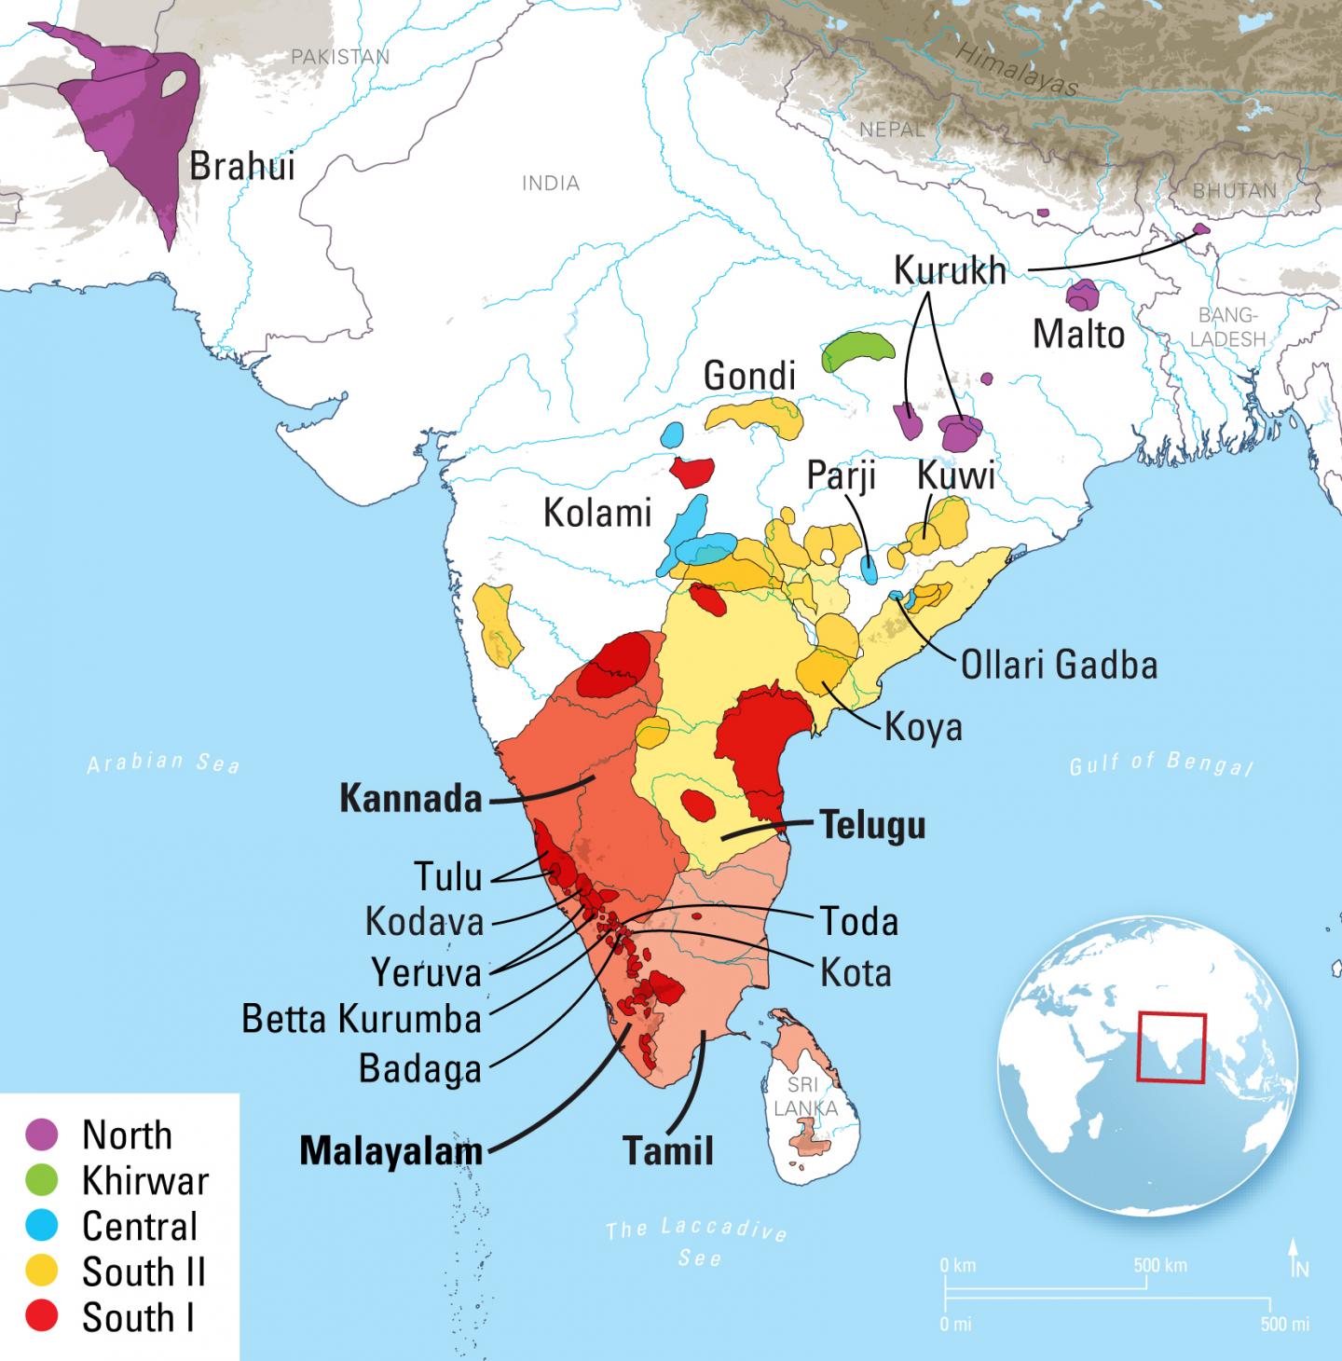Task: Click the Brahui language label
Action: tap(241, 166)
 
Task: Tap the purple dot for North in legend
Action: tap(42, 1134)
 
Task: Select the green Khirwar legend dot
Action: tap(42, 1180)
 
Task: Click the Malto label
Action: tap(1078, 334)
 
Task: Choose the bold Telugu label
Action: tap(872, 825)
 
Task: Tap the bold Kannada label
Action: tap(411, 799)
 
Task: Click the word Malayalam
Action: tap(390, 1151)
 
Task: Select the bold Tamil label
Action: tap(667, 1151)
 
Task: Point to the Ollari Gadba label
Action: tap(1059, 665)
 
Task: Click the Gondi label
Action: tap(749, 376)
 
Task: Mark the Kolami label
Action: tap(596, 513)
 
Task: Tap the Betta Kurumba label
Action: tap(362, 1019)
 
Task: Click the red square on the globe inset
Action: tap(1171, 1048)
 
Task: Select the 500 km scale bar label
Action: tap(1160, 1265)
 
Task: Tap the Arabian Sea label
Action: tap(164, 763)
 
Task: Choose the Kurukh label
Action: tap(950, 270)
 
